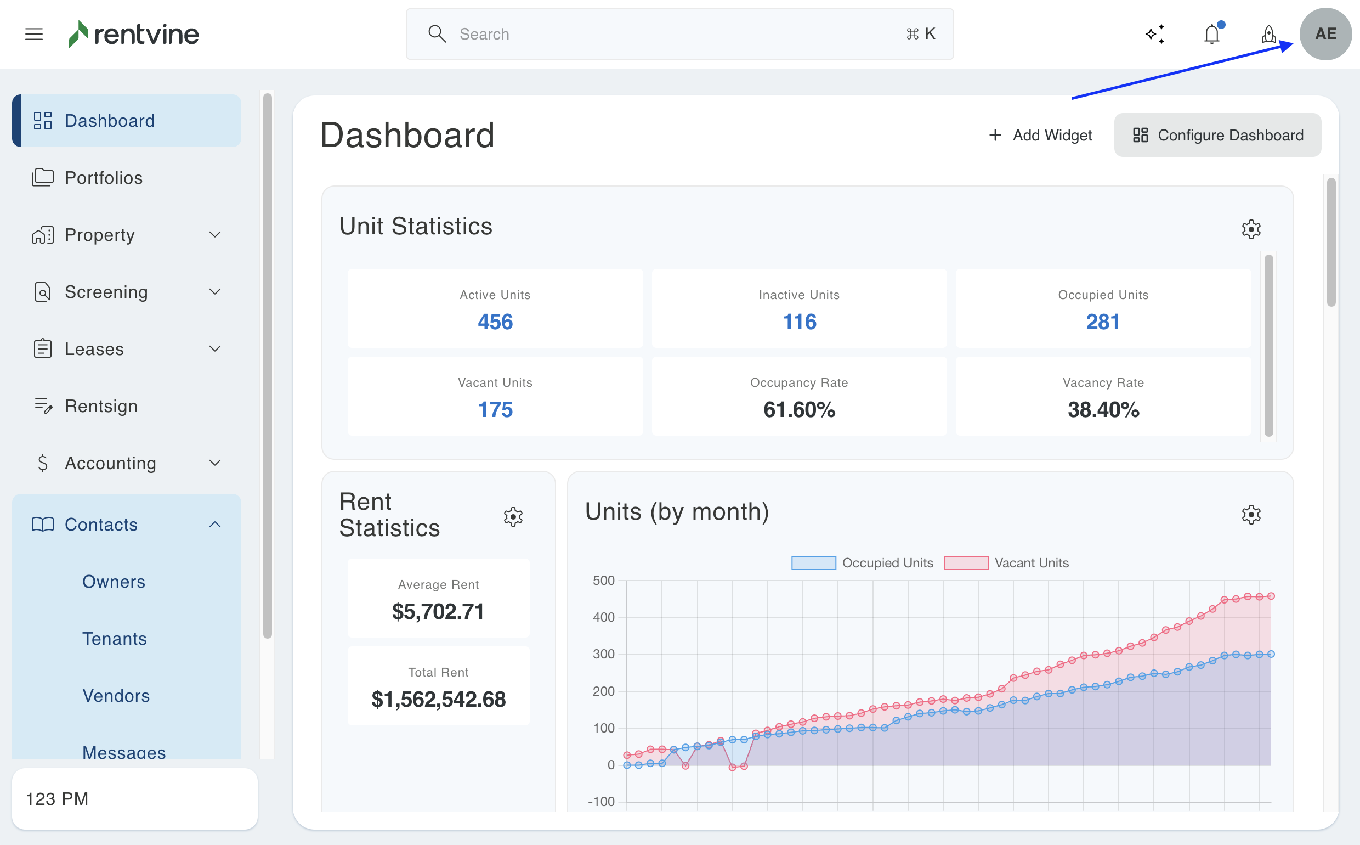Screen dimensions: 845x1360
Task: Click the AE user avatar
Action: tap(1325, 34)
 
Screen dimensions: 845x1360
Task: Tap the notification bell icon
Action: tap(1211, 34)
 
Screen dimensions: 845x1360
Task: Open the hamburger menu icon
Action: tap(34, 34)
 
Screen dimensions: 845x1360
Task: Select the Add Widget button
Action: tap(1040, 135)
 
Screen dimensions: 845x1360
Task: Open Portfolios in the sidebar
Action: tap(103, 178)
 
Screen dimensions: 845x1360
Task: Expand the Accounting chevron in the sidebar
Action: tap(215, 463)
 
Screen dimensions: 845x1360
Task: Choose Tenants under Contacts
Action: tap(115, 638)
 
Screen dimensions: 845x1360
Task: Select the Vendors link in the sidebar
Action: tap(116, 695)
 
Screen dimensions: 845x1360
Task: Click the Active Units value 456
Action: tap(495, 322)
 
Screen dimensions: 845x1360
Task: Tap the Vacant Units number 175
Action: tap(495, 410)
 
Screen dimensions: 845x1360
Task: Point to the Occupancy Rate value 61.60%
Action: tap(798, 410)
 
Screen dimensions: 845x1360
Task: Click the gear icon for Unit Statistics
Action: tap(1250, 229)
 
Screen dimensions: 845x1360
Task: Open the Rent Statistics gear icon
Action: tap(513, 516)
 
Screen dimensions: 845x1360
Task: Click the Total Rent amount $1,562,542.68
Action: tap(439, 699)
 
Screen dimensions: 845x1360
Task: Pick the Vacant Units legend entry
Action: tap(1006, 563)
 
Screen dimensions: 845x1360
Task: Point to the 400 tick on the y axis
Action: tap(603, 617)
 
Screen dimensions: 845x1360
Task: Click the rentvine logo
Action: tap(133, 34)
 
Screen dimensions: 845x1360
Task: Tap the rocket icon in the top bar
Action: tap(1268, 34)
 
